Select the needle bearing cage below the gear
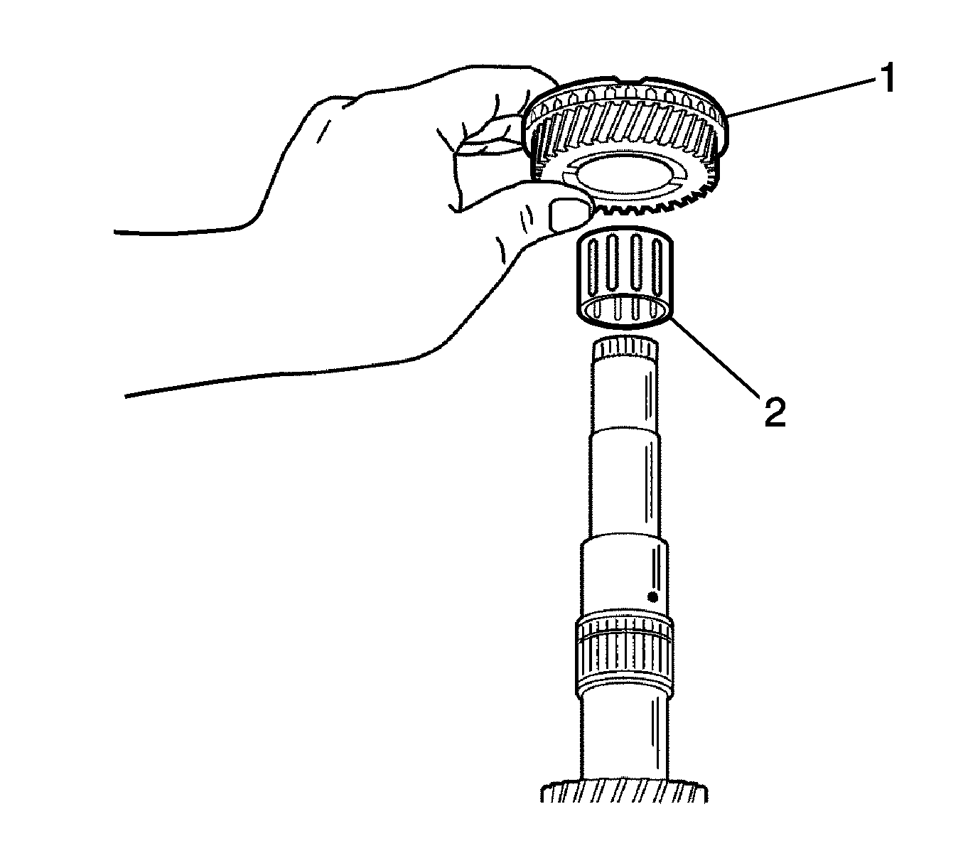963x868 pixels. point(624,277)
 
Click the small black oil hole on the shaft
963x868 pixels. point(652,597)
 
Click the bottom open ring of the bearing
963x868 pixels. point(624,311)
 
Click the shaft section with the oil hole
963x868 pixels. point(624,577)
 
